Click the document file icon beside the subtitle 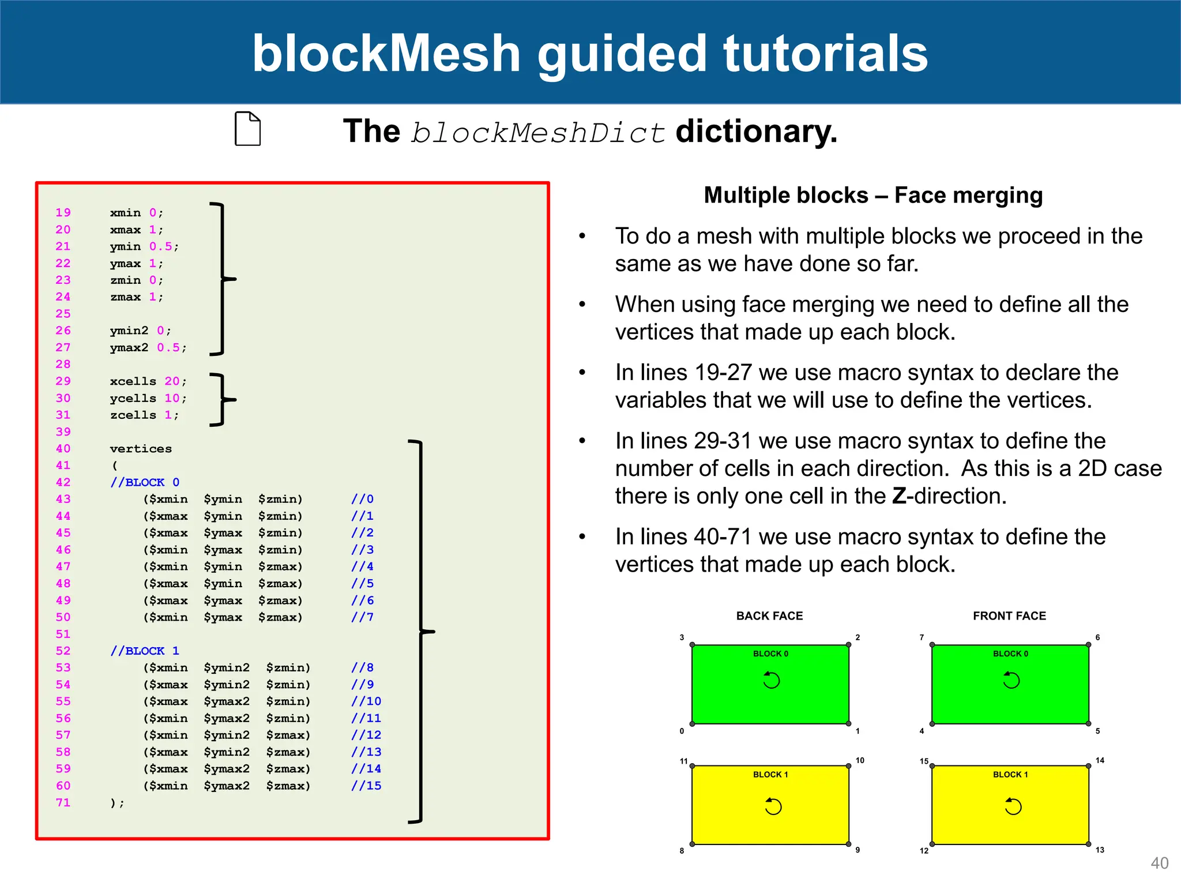(x=247, y=129)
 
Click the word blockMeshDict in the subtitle (x=538, y=133)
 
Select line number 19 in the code (x=63, y=212)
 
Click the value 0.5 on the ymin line (x=160, y=246)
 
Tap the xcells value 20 (x=172, y=381)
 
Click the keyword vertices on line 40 (x=141, y=449)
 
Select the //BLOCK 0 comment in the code (x=145, y=482)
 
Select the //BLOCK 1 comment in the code (x=145, y=651)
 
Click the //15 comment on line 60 (x=366, y=786)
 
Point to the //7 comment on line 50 (x=362, y=617)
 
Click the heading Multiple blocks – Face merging (x=873, y=196)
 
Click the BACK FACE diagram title (x=769, y=616)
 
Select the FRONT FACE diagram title (x=1009, y=616)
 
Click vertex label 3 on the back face (x=682, y=637)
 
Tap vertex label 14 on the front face (x=1100, y=760)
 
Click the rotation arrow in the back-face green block (x=771, y=680)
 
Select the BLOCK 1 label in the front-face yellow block (x=1010, y=775)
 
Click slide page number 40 (x=1159, y=863)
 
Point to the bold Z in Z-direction (x=899, y=496)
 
